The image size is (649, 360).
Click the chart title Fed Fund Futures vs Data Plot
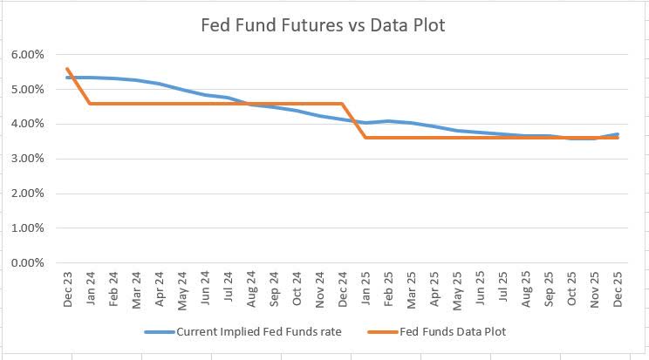[x=324, y=25]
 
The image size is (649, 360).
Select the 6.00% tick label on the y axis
[x=31, y=54]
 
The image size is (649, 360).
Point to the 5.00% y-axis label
[x=31, y=89]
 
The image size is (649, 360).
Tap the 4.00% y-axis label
[x=31, y=124]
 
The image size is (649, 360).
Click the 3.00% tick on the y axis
[x=31, y=159]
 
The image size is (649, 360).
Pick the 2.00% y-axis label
[x=31, y=194]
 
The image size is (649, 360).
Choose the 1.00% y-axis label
[x=31, y=228]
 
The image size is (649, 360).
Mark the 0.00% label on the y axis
[x=31, y=263]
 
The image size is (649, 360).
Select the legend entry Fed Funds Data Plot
[x=453, y=332]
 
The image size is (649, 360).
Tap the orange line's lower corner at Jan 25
[x=365, y=138]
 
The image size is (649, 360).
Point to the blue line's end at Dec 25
[x=618, y=134]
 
